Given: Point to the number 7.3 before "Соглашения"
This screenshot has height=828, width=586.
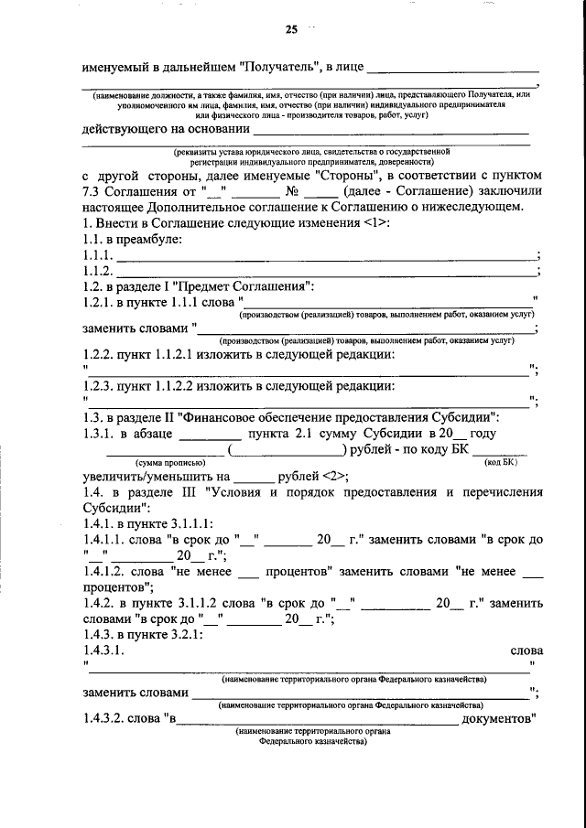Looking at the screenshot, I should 92,190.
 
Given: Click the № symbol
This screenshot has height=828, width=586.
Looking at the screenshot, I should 292,190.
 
